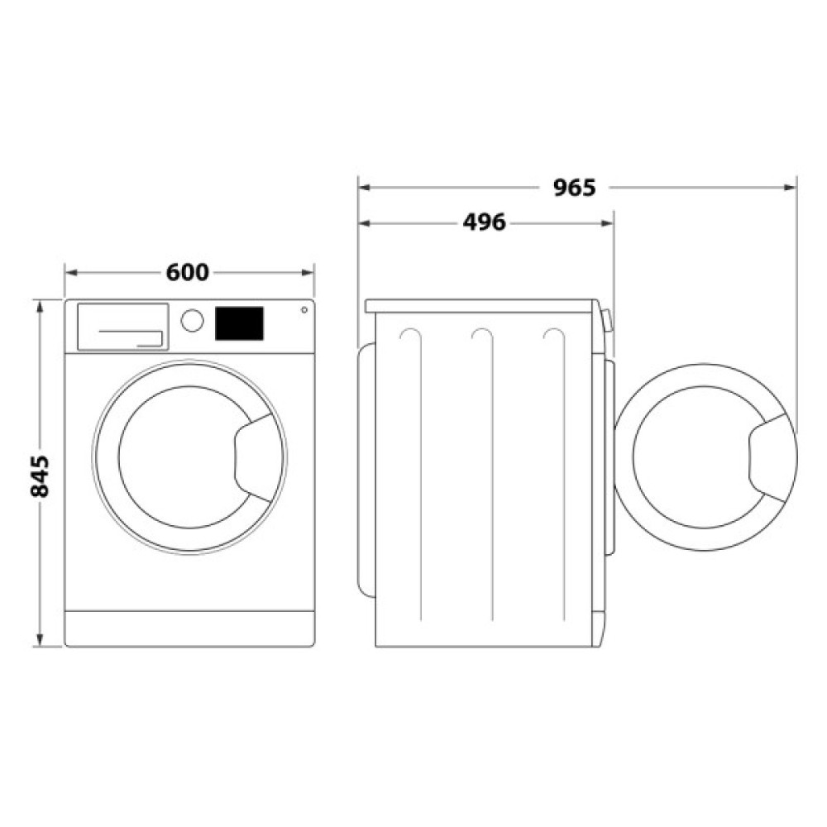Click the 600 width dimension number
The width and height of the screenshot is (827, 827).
(x=188, y=272)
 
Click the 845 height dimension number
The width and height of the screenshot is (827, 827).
(x=40, y=475)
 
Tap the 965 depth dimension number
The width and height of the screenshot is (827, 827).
(x=574, y=188)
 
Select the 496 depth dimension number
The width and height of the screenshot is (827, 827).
(x=484, y=222)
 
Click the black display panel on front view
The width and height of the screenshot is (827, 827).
(x=239, y=323)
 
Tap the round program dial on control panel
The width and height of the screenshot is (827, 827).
(x=192, y=321)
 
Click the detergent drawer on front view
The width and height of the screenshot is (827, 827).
(x=122, y=326)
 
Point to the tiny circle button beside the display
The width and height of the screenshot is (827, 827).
(x=304, y=311)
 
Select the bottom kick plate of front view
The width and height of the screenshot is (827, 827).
(x=189, y=629)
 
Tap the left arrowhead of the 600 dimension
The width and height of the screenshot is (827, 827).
(x=70, y=272)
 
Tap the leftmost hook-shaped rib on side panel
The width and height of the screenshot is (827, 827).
(x=410, y=335)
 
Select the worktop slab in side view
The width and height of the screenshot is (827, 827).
(x=480, y=306)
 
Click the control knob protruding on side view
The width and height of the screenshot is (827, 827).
(x=608, y=320)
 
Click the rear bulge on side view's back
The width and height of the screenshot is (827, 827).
(x=365, y=467)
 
